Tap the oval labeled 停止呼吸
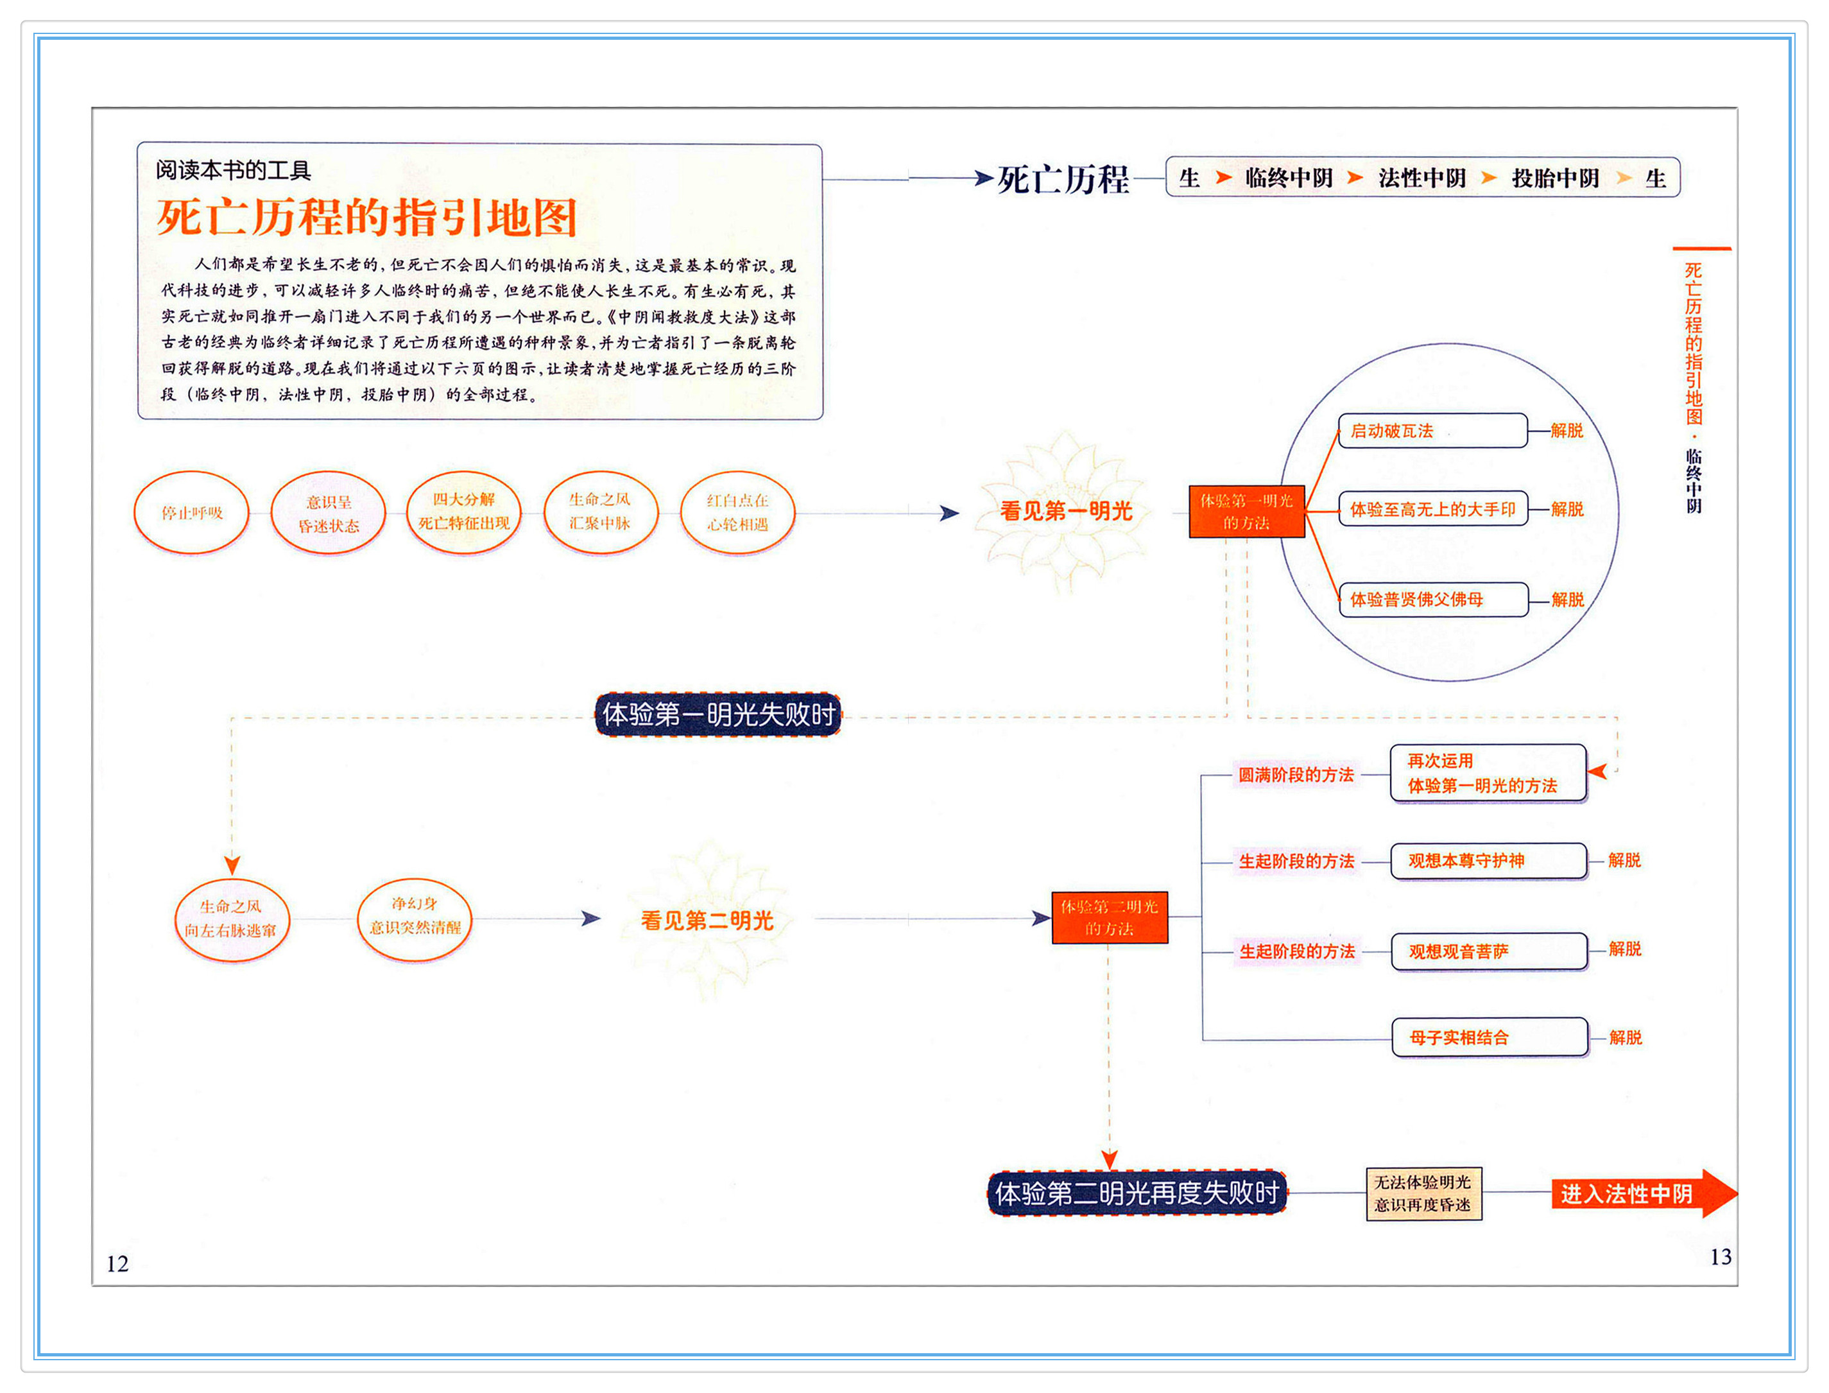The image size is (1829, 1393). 191,512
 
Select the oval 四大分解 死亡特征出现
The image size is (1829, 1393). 464,512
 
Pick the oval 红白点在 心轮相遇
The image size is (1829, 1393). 737,512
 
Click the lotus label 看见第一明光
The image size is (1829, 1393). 1066,511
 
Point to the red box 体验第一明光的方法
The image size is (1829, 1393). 1246,512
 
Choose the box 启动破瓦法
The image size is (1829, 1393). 1432,430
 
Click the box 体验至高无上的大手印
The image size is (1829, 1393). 1432,509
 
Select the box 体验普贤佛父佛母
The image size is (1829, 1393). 1432,600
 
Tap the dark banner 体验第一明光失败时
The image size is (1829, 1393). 717,714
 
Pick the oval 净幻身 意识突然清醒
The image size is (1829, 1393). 415,916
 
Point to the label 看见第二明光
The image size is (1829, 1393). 707,921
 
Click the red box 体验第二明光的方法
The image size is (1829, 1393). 1109,917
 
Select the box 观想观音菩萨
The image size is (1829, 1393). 1488,951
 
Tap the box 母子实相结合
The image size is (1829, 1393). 1488,1037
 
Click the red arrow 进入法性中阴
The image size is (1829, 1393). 1636,1193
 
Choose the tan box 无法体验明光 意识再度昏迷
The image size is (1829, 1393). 1423,1193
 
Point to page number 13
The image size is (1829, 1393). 1721,1257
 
